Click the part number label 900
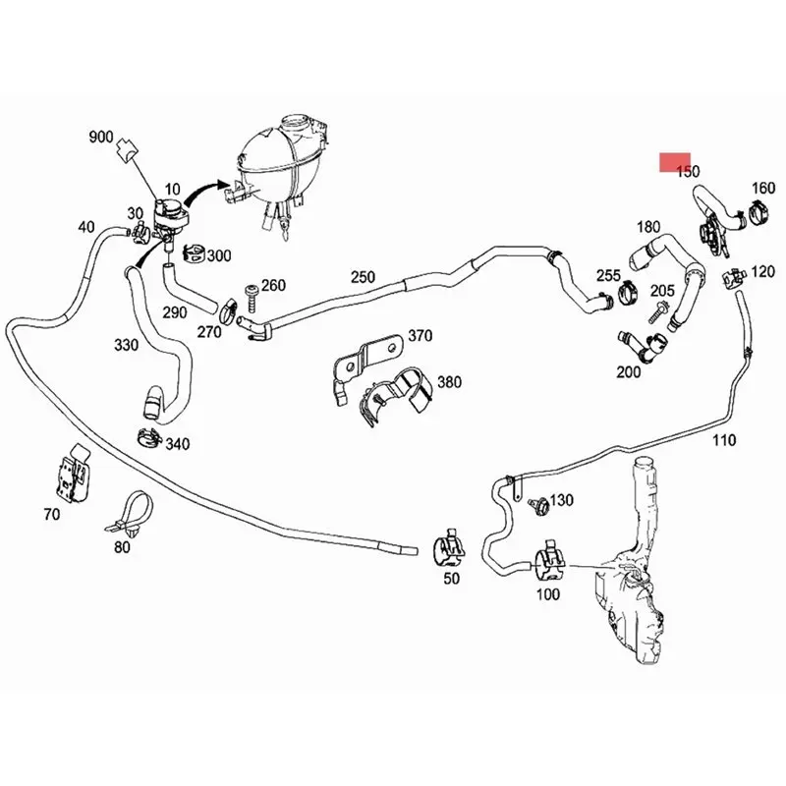(x=101, y=137)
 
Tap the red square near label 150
(x=675, y=162)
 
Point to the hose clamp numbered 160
(x=758, y=212)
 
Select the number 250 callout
(x=363, y=277)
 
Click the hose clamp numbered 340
(x=149, y=437)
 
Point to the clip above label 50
(x=448, y=546)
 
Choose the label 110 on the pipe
(x=724, y=440)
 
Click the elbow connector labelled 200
(x=643, y=346)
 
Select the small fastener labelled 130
(x=539, y=506)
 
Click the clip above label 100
(x=549, y=561)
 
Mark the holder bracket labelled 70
(x=73, y=475)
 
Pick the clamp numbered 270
(x=229, y=310)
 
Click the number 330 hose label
(x=126, y=345)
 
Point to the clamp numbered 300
(x=194, y=253)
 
